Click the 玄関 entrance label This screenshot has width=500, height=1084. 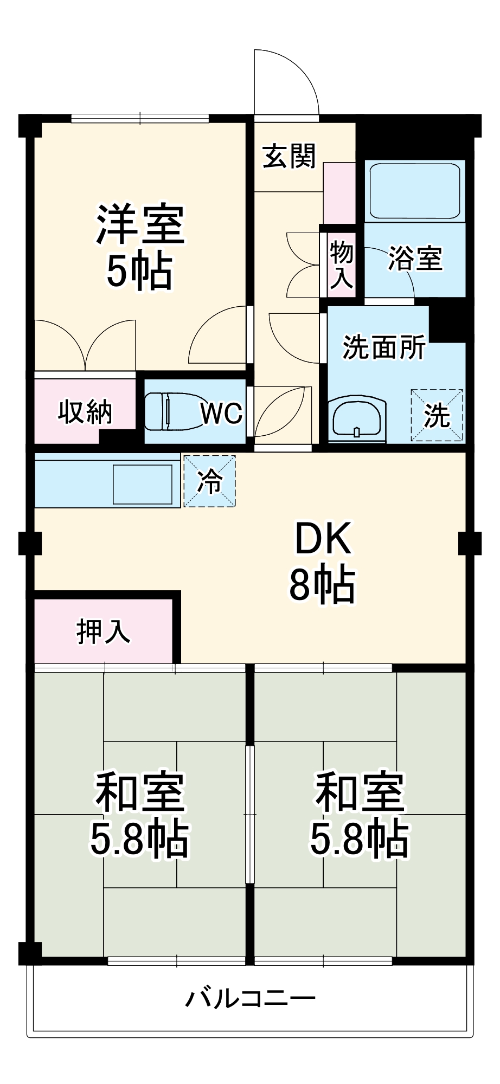[x=289, y=156]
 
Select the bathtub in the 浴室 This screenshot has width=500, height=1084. [x=415, y=191]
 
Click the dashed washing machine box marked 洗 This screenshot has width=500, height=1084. [x=437, y=415]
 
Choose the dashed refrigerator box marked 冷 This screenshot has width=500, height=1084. [x=209, y=481]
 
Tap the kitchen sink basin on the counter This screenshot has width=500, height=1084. [x=142, y=484]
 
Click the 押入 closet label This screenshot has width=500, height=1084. [x=103, y=631]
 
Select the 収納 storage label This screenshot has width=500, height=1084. [x=85, y=411]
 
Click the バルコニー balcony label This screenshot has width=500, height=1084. [x=250, y=998]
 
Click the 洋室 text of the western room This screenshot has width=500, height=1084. [x=140, y=224]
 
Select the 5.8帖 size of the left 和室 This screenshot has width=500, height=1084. [x=139, y=838]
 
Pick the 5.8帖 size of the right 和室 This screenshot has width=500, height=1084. [x=359, y=838]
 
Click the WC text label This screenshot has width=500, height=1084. [x=221, y=414]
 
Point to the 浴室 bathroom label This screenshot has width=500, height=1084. [x=415, y=258]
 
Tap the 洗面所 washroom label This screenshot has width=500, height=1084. [x=384, y=347]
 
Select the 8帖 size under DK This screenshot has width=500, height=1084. [x=322, y=584]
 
